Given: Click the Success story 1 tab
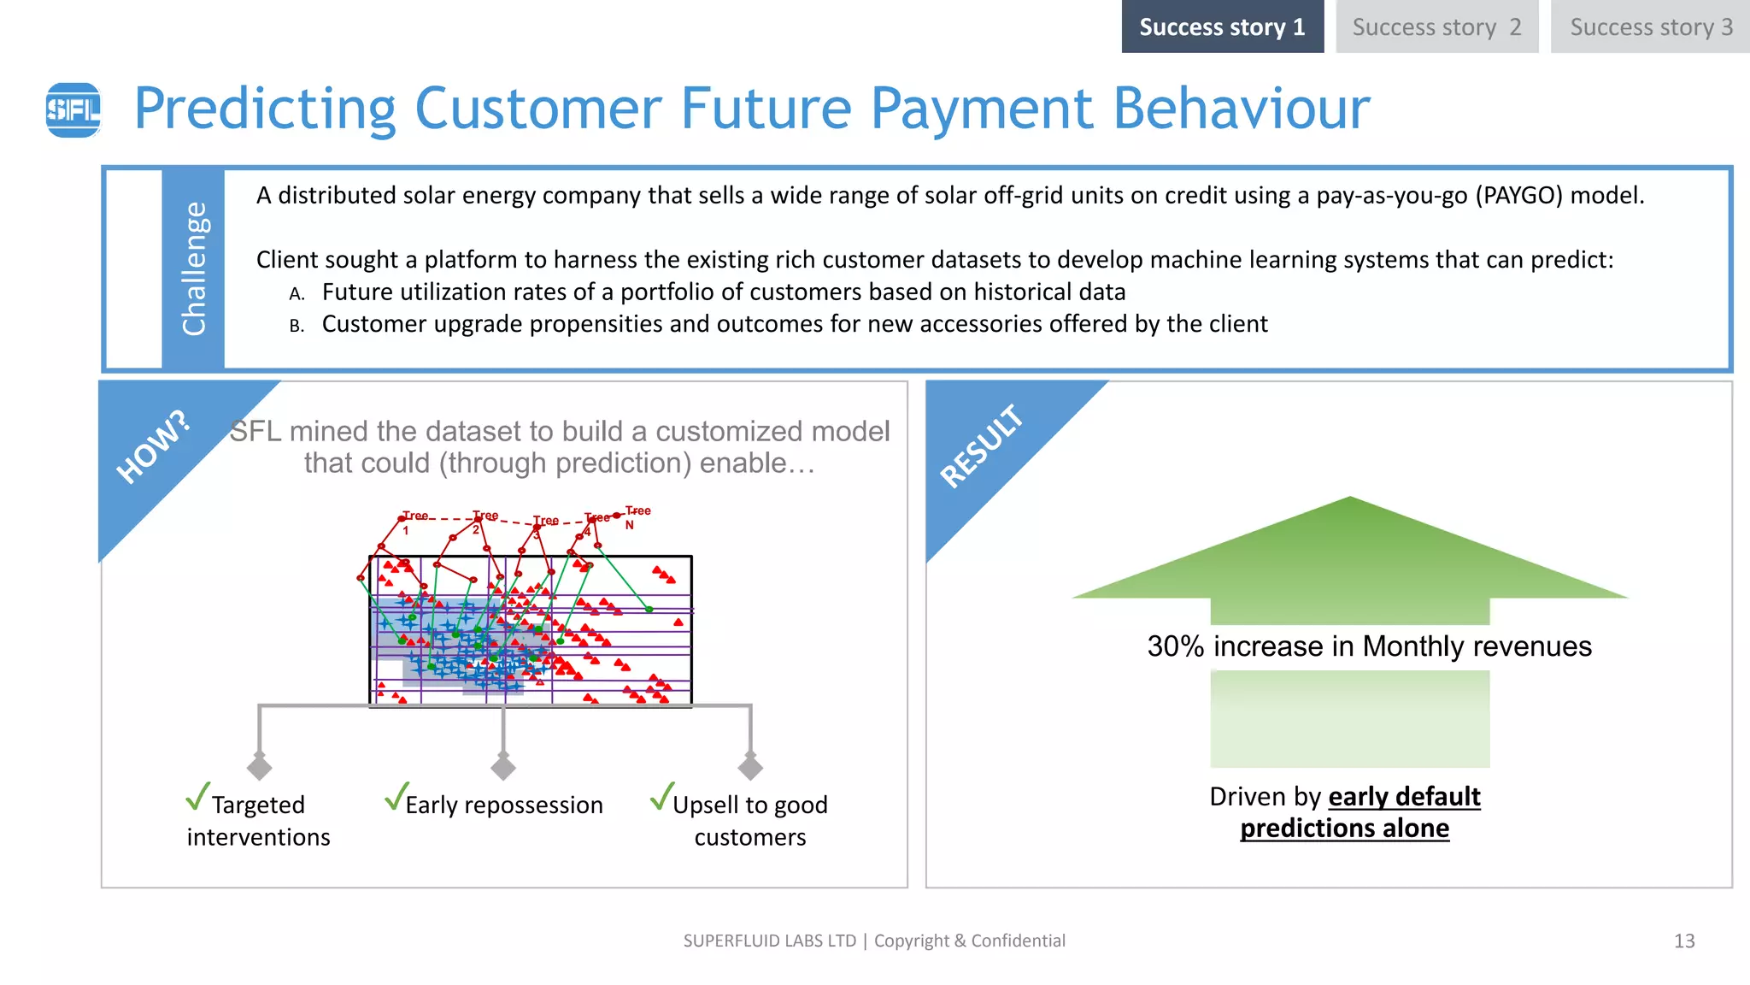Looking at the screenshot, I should point(1222,27).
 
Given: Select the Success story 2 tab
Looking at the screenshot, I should point(1436,27).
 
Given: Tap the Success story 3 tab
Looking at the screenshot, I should point(1650,27).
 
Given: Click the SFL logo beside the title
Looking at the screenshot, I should point(73,109).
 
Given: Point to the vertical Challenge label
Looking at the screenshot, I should point(194,268).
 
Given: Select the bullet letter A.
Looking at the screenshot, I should point(297,294).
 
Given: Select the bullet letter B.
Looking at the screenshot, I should point(297,326).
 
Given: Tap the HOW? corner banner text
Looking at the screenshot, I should point(152,447).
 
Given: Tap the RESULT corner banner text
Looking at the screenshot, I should point(981,446).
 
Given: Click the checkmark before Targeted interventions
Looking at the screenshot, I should point(197,796).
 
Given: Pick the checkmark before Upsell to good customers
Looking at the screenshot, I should point(662,796).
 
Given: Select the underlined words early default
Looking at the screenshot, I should point(1404,797).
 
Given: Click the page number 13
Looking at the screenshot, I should point(1683,941).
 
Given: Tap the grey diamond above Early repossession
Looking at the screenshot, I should point(503,766).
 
